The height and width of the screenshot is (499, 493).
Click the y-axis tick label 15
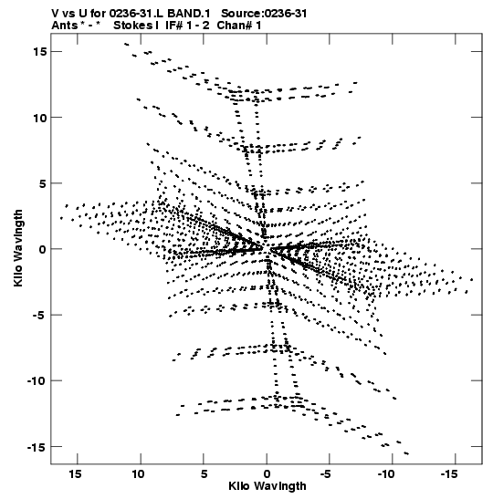tap(40, 51)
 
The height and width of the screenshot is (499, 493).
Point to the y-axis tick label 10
tap(40, 118)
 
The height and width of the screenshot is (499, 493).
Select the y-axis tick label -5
tap(39, 315)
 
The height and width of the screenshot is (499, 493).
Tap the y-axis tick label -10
tap(37, 381)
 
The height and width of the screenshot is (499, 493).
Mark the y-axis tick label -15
tap(37, 447)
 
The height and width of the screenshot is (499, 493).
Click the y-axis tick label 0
tap(43, 249)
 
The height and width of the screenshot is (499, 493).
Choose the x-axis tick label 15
tap(75, 474)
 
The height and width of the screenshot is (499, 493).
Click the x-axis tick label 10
tap(138, 474)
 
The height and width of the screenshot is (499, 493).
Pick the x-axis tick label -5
tap(326, 474)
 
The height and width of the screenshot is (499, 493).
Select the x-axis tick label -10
tap(386, 474)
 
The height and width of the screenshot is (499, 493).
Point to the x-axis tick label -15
tap(450, 474)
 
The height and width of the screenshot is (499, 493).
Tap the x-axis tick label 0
tap(267, 474)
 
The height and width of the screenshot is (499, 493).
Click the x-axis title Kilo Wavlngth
tap(267, 486)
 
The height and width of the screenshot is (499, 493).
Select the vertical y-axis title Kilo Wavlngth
tap(18, 248)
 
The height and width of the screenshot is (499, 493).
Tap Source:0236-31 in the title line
tap(264, 14)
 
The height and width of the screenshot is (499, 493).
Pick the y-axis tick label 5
tap(43, 183)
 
